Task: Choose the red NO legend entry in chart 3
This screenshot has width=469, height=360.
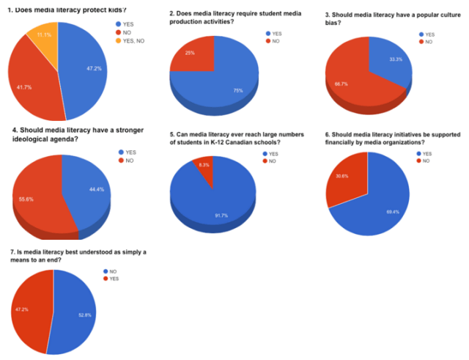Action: click(x=429, y=42)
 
